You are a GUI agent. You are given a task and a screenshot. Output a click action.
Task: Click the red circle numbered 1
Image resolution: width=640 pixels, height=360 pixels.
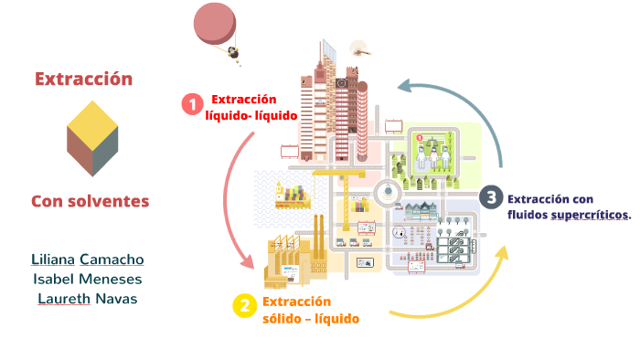[x=192, y=104]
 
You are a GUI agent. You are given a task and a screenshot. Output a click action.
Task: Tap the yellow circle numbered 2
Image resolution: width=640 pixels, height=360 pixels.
[x=243, y=306]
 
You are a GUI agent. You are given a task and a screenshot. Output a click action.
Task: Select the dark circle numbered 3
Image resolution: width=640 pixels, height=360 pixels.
[x=491, y=197]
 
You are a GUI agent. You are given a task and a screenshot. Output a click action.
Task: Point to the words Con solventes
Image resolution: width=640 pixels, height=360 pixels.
[x=90, y=200]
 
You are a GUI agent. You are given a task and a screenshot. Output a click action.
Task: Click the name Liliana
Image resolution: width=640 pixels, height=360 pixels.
[x=53, y=259]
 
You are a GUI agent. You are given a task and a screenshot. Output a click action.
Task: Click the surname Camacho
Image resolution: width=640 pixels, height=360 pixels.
[x=112, y=259]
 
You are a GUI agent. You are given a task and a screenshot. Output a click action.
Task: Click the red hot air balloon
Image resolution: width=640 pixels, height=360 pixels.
[x=212, y=24]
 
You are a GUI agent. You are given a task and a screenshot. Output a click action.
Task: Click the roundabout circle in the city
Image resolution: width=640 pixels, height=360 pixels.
[x=389, y=191]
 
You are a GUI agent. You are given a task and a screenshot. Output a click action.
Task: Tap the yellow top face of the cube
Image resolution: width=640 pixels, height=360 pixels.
[x=91, y=119]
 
